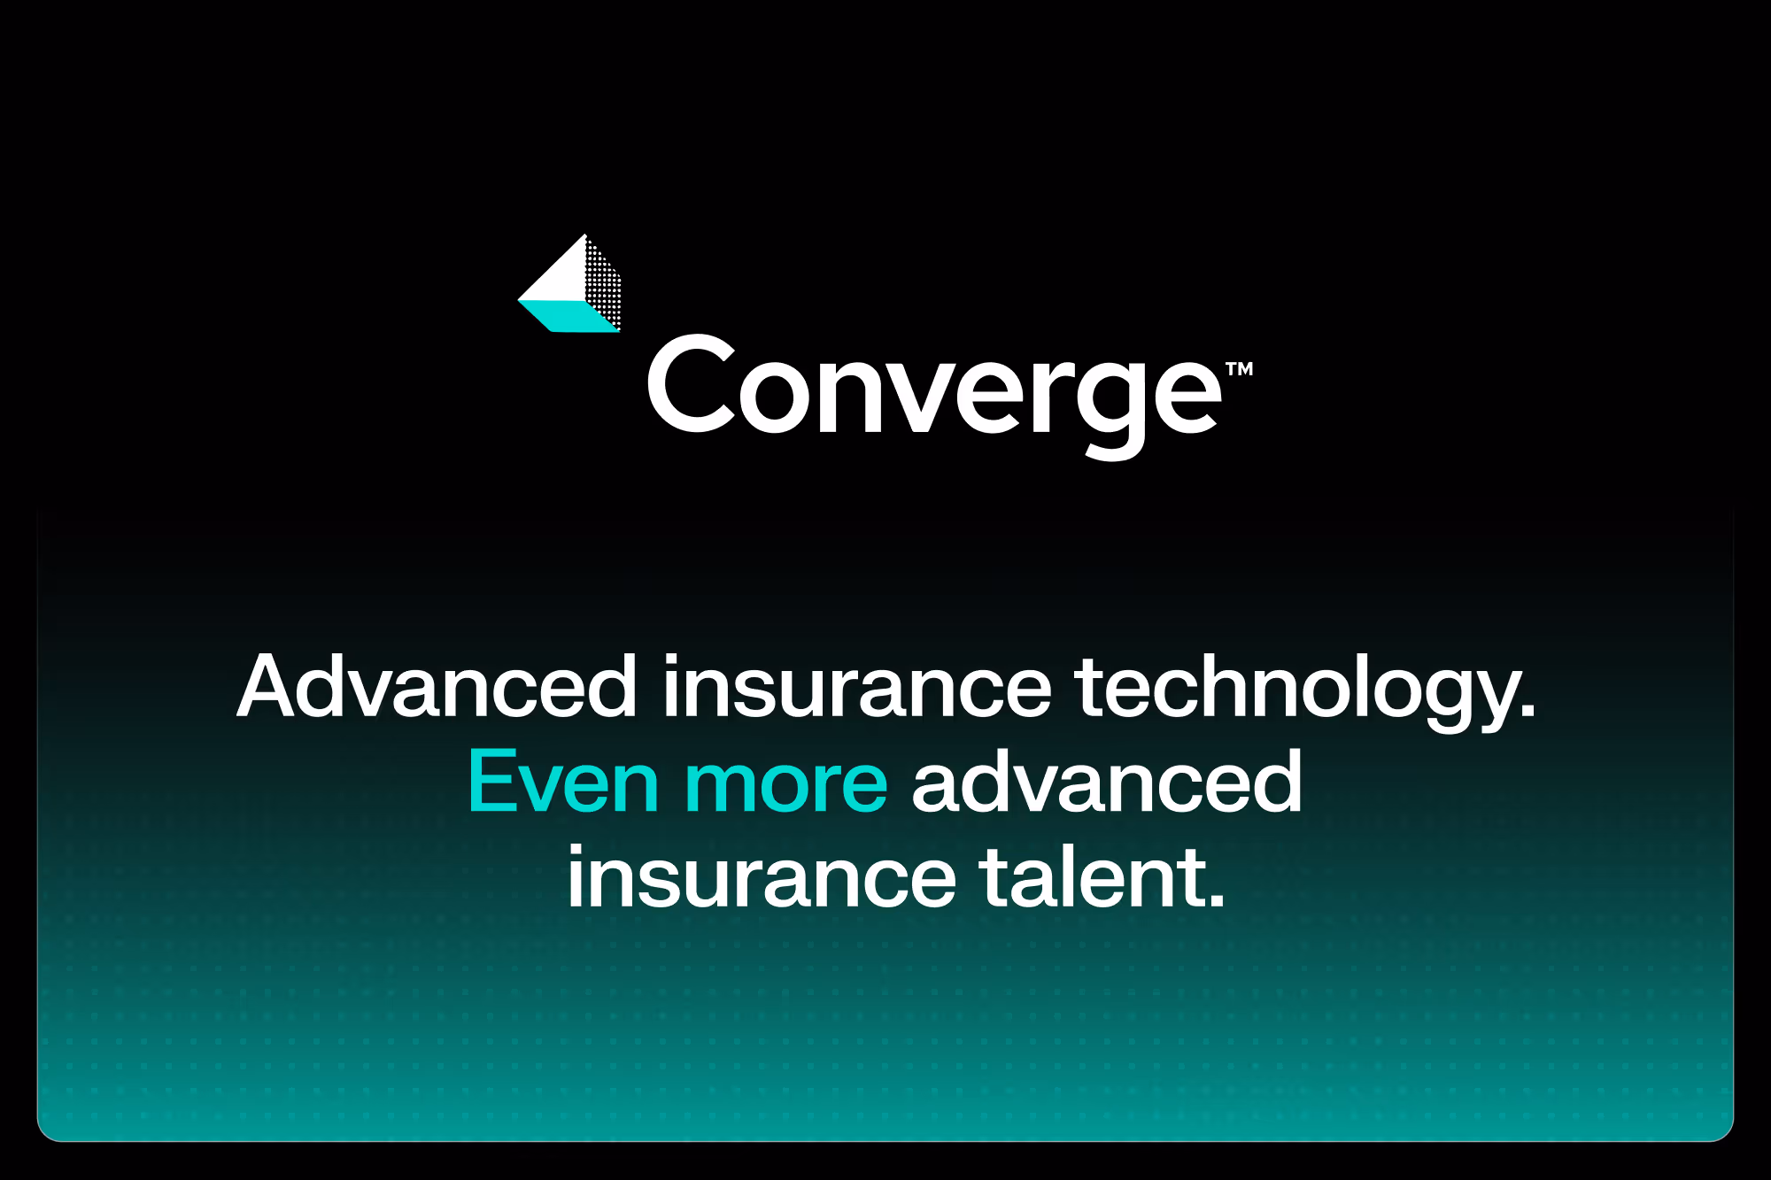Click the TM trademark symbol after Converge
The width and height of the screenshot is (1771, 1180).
pyautogui.click(x=1239, y=368)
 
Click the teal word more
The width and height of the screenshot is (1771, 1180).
pyautogui.click(x=785, y=783)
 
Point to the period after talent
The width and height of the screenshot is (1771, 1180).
pyautogui.click(x=1216, y=900)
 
